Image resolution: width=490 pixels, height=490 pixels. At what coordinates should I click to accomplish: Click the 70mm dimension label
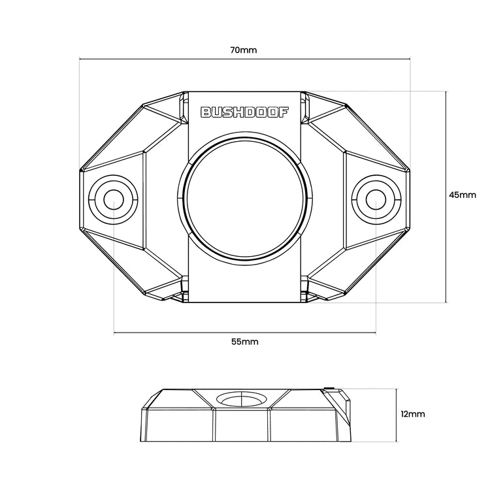click(244, 50)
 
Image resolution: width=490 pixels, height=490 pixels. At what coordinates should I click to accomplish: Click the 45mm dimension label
click(463, 195)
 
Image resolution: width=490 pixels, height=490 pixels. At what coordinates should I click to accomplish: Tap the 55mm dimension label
click(245, 342)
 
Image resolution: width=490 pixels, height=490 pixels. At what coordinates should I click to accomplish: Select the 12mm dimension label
click(413, 414)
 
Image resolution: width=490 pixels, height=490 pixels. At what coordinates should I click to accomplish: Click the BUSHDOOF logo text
click(244, 112)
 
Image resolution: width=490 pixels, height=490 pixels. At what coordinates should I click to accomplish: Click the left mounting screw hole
click(114, 200)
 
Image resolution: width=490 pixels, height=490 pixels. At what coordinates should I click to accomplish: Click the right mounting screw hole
click(376, 200)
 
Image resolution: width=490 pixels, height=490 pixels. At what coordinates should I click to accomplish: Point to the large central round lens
click(245, 200)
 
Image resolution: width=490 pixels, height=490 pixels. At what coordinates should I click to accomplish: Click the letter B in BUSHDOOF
click(206, 112)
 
